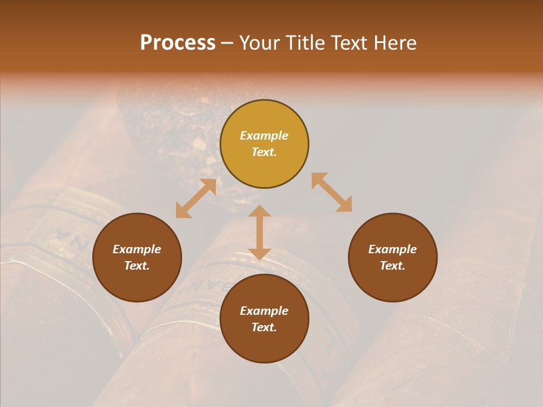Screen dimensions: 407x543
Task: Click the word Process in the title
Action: point(178,43)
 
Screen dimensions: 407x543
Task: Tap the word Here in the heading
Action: point(395,43)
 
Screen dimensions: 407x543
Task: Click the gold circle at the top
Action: point(264,119)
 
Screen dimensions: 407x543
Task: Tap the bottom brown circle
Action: point(264,345)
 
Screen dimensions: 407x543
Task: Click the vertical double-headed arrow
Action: point(260,232)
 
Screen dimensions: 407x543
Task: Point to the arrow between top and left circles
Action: point(196,198)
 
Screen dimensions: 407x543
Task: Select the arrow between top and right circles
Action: point(331,193)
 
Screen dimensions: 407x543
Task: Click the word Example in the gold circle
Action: point(264,136)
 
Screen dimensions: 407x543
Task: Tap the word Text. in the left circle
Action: point(137,266)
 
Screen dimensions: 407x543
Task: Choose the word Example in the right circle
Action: point(393,249)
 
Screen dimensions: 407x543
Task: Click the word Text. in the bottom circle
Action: point(264,327)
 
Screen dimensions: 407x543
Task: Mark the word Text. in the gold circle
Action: point(264,152)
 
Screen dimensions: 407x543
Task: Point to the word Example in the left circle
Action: point(137,249)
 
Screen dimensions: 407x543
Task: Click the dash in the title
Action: point(227,43)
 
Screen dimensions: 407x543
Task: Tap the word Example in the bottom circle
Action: point(264,311)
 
